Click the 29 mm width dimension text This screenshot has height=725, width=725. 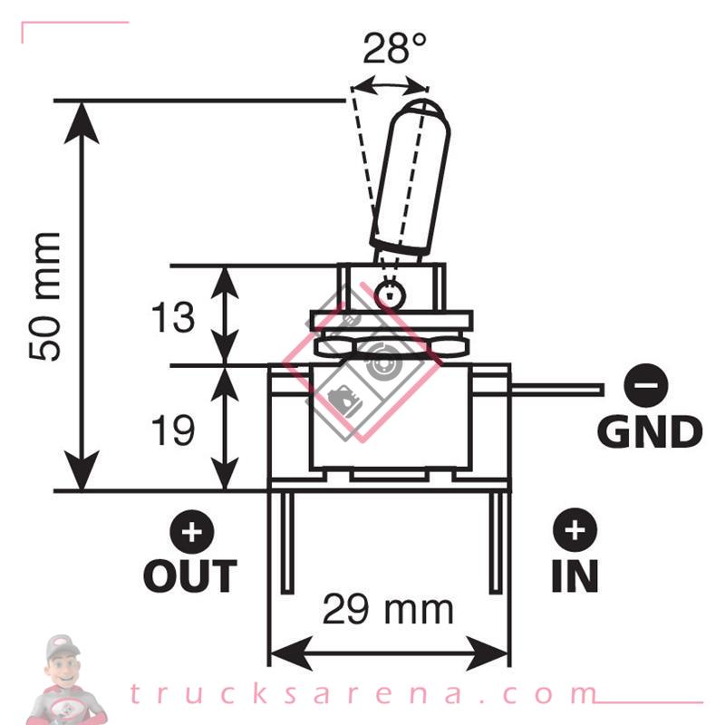[388, 610]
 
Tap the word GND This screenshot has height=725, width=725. [650, 431]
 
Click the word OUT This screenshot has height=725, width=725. [190, 575]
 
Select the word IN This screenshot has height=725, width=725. [575, 575]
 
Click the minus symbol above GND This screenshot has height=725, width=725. [646, 388]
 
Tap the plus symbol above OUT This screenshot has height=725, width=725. [190, 531]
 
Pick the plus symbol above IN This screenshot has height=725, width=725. [575, 531]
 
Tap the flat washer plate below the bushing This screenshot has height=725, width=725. [391, 320]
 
